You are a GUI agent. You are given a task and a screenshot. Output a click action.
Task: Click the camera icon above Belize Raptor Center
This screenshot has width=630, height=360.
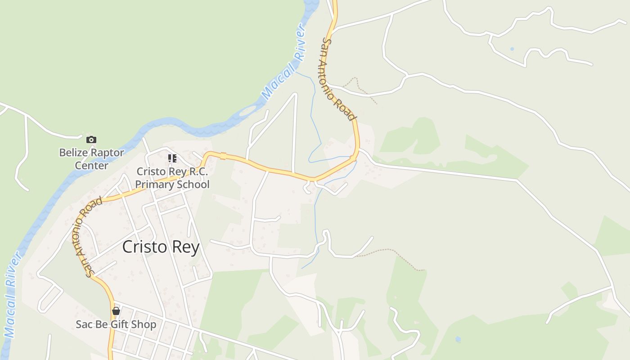[x=91, y=140]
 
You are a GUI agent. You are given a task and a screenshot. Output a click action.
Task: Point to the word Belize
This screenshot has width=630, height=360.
[x=72, y=153]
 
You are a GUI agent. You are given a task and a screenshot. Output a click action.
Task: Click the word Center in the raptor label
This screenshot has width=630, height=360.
[x=91, y=165]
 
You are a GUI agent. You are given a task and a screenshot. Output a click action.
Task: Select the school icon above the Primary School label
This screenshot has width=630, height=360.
[x=172, y=158]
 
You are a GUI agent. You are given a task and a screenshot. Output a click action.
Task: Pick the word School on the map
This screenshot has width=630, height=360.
[x=194, y=184]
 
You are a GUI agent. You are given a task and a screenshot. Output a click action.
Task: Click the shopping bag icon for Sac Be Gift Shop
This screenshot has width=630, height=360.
[x=116, y=311]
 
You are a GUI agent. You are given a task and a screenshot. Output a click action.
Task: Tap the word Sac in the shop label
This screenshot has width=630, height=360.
[x=84, y=324]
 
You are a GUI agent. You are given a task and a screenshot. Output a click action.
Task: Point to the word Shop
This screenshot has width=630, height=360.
[x=144, y=324]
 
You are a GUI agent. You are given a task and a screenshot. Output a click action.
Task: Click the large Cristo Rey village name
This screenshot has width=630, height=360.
[x=161, y=247]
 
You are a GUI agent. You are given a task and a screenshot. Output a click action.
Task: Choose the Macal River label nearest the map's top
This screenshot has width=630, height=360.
[x=284, y=63]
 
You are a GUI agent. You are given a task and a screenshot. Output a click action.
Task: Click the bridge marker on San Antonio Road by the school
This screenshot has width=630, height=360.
[x=223, y=156]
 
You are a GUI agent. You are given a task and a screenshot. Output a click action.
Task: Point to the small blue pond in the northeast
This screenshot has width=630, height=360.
[x=512, y=49]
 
